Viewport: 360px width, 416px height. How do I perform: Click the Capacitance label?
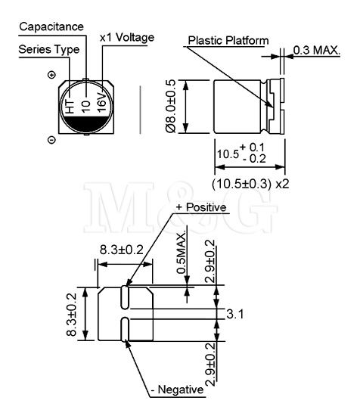51,26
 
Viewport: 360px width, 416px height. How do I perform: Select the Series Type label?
49,50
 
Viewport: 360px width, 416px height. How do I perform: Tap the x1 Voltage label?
127,38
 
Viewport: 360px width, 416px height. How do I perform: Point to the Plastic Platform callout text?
228,41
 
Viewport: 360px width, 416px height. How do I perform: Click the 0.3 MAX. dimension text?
316,50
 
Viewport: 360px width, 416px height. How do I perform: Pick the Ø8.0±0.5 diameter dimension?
170,106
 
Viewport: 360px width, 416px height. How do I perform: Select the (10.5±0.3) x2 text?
250,184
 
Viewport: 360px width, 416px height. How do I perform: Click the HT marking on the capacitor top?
70,107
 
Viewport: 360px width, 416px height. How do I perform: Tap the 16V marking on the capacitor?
102,102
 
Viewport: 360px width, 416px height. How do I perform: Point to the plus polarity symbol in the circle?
51,75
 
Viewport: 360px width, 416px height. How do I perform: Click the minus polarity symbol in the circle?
51,140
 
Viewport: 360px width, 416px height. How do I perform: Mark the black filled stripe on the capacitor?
86,124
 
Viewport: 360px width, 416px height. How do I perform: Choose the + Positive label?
201,207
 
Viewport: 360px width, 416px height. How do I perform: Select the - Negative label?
177,390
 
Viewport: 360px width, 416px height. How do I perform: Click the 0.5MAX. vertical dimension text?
182,253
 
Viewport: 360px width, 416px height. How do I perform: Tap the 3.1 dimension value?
234,314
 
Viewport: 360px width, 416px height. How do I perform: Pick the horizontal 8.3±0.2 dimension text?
122,250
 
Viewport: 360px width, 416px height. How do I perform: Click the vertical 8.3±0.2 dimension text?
71,315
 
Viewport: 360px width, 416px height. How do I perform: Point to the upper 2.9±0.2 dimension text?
210,262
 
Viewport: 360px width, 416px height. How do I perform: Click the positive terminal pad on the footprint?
125,297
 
